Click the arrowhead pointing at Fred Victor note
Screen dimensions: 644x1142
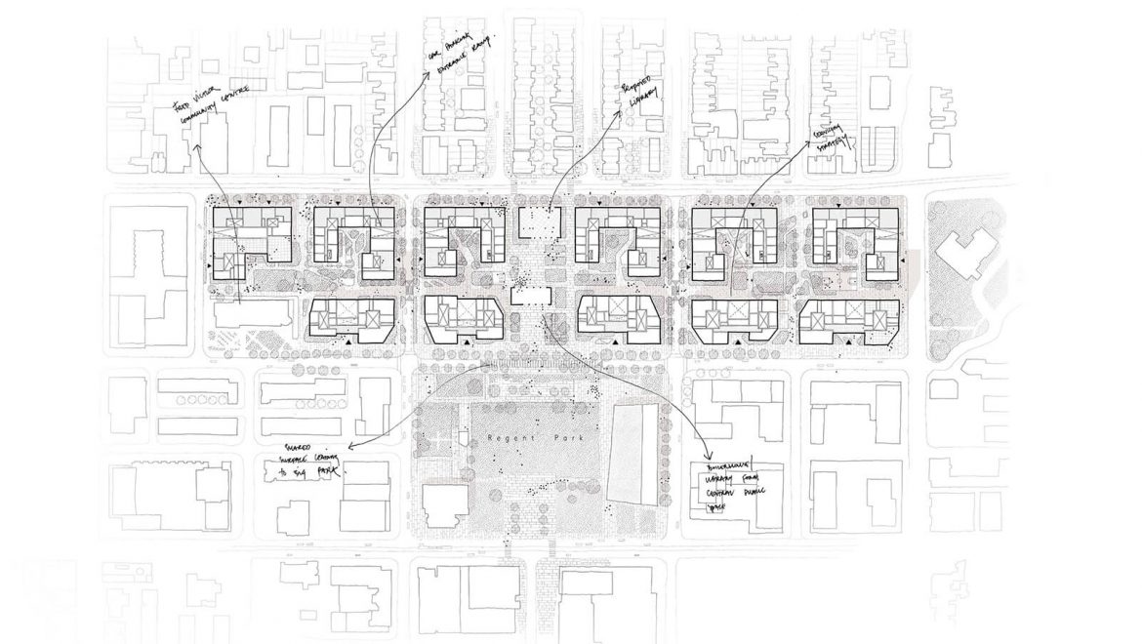point(197,148)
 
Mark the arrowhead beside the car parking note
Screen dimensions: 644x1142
point(427,81)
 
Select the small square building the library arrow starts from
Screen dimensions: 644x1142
point(534,221)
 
